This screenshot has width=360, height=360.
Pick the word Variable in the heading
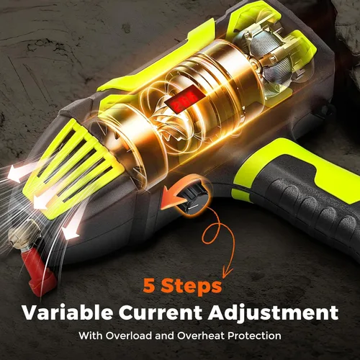point(67,312)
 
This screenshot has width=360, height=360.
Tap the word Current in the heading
point(161,312)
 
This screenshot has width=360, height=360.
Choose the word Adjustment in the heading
point(273,313)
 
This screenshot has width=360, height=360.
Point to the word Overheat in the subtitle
point(201,336)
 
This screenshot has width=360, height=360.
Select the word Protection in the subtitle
point(254,336)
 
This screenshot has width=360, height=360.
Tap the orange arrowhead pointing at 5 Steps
point(227,271)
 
